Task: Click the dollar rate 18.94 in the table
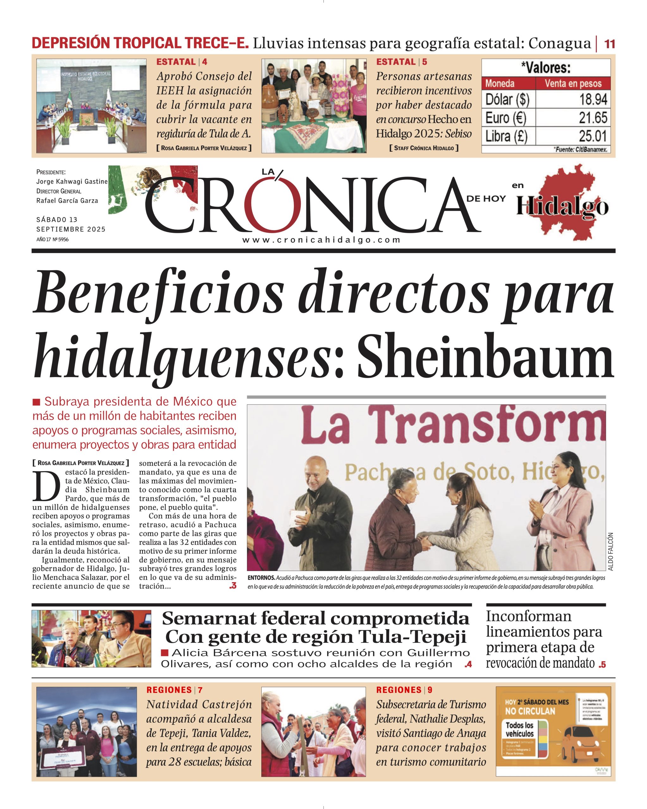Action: [593, 100]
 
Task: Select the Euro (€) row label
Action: [505, 118]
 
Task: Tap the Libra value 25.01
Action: [593, 136]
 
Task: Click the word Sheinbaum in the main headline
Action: [485, 359]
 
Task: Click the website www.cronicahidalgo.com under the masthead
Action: [321, 240]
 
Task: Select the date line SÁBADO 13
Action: [57, 220]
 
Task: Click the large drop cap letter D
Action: [46, 487]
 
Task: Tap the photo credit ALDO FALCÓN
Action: [610, 551]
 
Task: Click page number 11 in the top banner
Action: [609, 44]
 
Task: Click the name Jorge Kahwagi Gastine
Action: [72, 182]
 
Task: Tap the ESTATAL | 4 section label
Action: [182, 62]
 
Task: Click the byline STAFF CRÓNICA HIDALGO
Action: [424, 148]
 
